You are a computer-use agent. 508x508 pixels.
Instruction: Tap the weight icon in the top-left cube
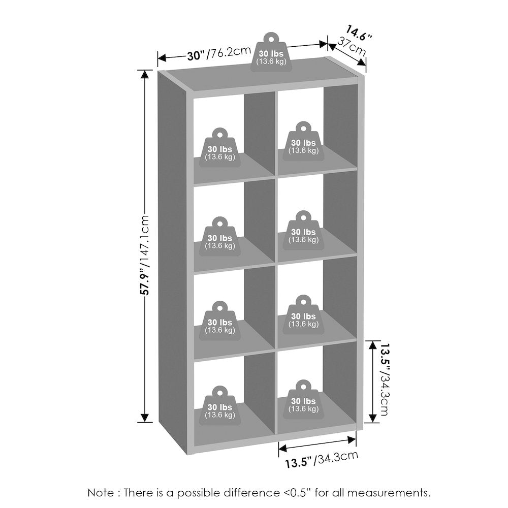tap(220, 148)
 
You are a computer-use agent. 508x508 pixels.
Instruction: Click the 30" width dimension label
tap(197, 55)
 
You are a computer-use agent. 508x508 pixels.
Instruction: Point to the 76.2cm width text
tap(230, 52)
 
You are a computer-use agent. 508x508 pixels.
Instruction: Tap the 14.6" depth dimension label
tap(358, 33)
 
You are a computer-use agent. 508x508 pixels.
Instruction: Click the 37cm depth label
tap(352, 46)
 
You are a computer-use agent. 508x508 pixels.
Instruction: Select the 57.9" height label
tap(145, 281)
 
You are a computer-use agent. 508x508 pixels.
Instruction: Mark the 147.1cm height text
tap(144, 240)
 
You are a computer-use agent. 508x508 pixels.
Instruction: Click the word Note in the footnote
tap(101, 493)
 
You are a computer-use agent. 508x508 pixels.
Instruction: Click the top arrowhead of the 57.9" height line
tap(145, 74)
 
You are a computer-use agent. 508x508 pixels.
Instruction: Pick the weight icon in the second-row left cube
tap(220, 237)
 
